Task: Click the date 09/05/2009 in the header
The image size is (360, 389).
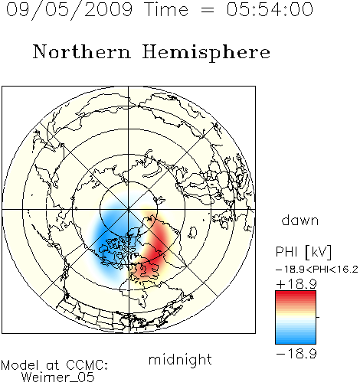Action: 69,10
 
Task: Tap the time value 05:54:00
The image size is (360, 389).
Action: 270,9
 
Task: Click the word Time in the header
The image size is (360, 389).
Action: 166,9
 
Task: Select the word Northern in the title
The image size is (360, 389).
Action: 82,51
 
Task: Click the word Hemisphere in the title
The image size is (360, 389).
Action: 206,53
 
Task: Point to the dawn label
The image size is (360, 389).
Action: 300,220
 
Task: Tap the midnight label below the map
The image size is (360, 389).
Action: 180,359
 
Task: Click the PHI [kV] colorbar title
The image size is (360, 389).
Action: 303,252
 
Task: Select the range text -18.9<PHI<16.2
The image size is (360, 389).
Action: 317,270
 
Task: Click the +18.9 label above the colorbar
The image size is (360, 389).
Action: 296,284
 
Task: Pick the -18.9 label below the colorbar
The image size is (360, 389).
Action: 296,354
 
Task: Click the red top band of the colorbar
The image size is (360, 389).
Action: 296,295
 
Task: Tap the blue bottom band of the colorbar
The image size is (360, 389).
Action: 296,339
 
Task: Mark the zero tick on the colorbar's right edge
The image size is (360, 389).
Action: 318,317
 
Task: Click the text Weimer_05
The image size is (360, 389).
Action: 58,377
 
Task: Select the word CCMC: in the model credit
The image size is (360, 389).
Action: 87,364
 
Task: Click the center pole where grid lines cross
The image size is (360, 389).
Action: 129,210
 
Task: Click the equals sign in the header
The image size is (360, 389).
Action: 208,10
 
